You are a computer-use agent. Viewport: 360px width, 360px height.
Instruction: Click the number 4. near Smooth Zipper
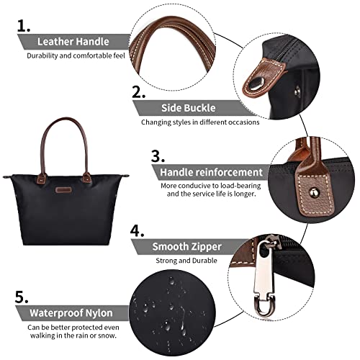tap(138, 230)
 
